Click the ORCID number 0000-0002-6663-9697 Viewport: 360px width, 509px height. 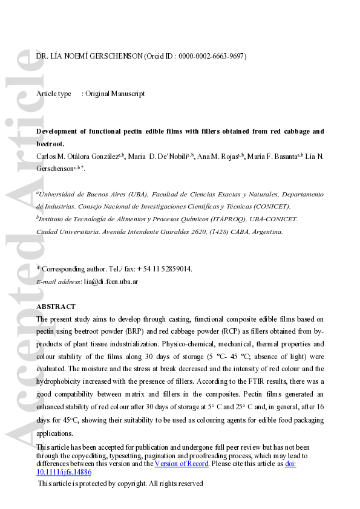coord(212,56)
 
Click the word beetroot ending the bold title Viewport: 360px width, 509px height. coord(51,144)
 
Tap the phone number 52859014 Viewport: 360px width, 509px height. coord(175,269)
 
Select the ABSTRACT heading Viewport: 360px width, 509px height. coord(56,306)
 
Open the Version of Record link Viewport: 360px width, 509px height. coord(182,464)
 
